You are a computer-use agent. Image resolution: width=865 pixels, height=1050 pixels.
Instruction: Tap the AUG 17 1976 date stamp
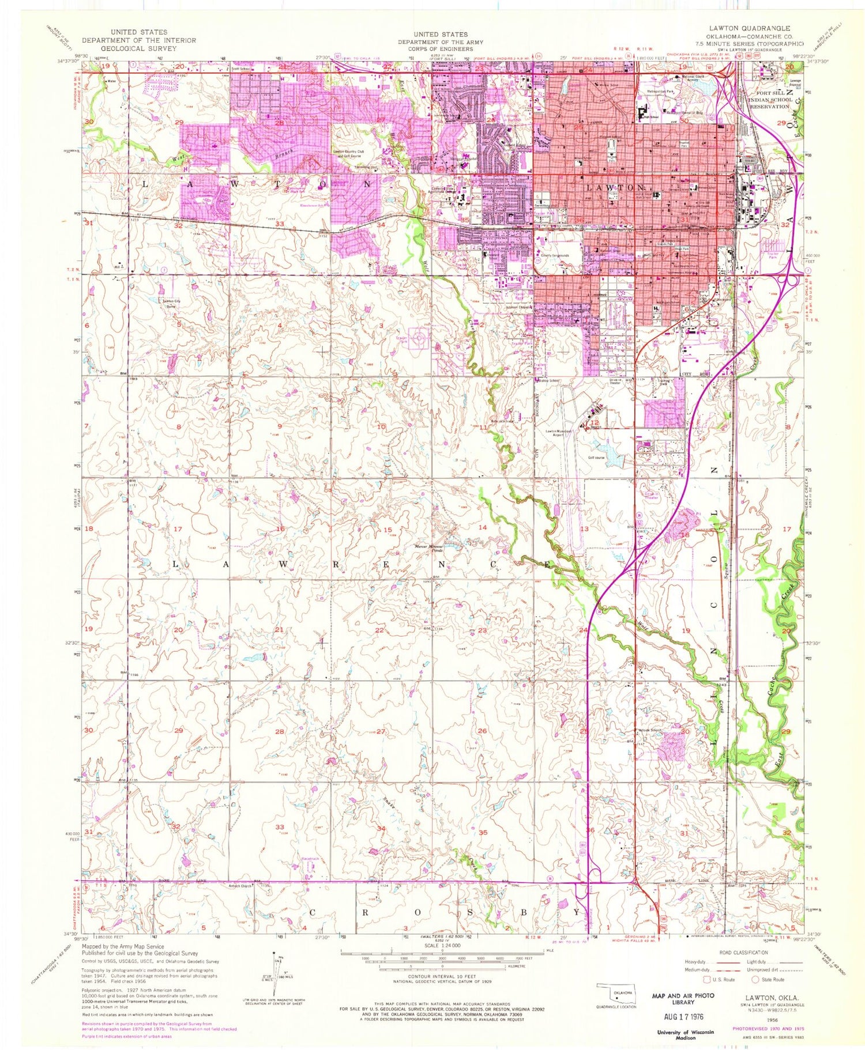682,1017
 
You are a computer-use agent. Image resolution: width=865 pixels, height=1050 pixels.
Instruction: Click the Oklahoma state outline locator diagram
615,994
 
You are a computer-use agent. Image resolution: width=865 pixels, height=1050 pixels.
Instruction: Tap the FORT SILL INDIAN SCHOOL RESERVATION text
765,101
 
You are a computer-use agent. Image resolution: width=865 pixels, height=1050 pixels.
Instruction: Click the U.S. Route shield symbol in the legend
708,979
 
